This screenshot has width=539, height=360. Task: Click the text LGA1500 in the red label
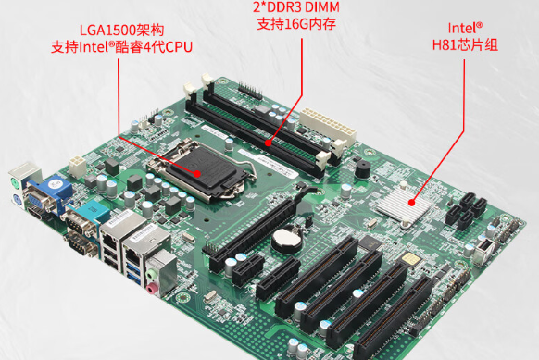[x=108, y=31]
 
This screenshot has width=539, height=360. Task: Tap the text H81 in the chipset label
[x=444, y=45]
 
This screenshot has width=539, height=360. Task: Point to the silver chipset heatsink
[x=404, y=204]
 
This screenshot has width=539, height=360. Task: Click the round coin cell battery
[x=286, y=238]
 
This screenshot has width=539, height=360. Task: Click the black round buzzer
[x=362, y=169]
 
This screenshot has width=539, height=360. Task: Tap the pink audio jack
[x=151, y=288]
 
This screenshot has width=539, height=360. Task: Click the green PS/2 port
[x=15, y=182]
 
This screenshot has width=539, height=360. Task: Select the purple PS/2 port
[x=17, y=200]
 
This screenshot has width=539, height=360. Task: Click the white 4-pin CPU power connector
[x=77, y=166]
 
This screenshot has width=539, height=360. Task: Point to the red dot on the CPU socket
[x=197, y=173]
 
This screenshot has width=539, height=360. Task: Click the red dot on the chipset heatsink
[x=412, y=203]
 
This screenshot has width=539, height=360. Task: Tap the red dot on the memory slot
[x=269, y=143]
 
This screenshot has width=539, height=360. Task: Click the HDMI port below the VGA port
[x=36, y=214]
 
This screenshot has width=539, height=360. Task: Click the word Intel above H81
[x=462, y=28]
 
